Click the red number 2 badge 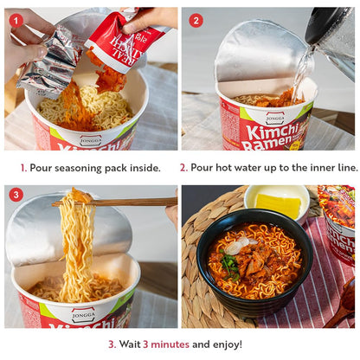click(x=196, y=20)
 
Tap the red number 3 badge click(x=16, y=196)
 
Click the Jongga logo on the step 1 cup click(x=90, y=139)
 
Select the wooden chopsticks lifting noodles click(x=121, y=202)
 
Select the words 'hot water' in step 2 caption click(x=244, y=167)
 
